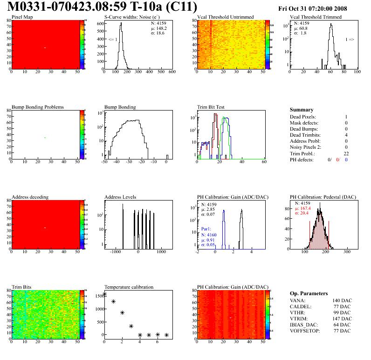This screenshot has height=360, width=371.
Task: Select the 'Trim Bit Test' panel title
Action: click(x=211, y=107)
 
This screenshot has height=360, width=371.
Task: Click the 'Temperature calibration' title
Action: click(x=129, y=287)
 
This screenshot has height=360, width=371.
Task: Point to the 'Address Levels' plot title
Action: click(x=120, y=197)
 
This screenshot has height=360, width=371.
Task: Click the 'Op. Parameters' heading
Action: click(x=309, y=293)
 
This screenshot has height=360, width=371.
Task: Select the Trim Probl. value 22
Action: click(x=346, y=153)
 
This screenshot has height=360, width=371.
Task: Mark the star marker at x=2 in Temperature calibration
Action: click(x=122, y=313)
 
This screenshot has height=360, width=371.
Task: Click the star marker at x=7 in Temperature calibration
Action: click(x=166, y=335)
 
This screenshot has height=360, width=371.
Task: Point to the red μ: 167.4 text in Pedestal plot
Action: click(x=304, y=208)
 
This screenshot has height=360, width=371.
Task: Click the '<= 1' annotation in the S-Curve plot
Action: click(x=113, y=40)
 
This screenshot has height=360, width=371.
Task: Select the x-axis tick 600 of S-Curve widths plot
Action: click(x=172, y=72)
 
